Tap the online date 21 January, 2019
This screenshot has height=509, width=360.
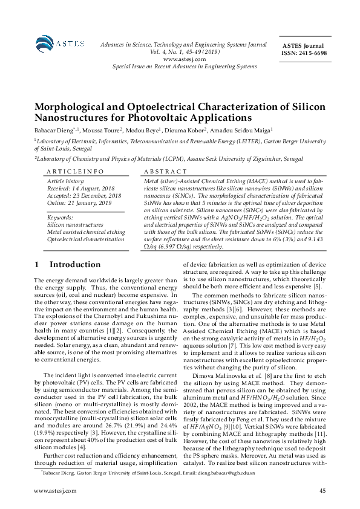click(88, 203)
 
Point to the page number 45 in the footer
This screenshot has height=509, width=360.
click(322, 491)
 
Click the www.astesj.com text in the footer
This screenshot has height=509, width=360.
click(55, 491)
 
